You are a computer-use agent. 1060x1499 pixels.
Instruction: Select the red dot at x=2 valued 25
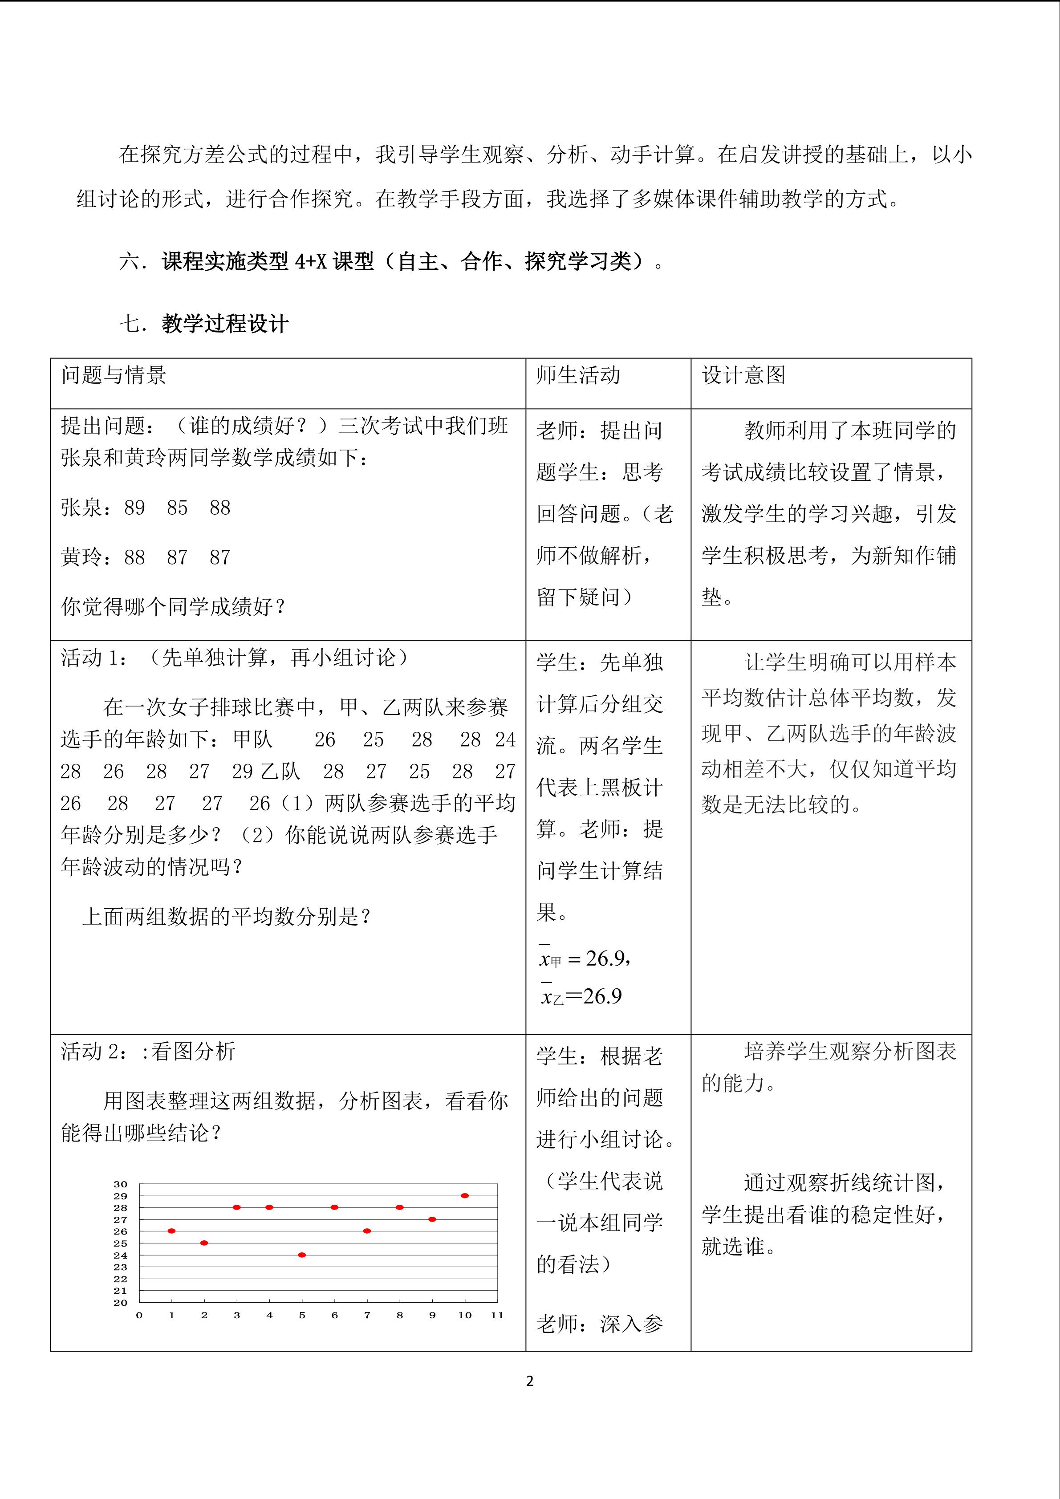tap(204, 1243)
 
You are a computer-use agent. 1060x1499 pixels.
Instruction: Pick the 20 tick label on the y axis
tap(120, 1303)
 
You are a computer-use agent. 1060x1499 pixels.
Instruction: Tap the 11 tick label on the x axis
tap(497, 1315)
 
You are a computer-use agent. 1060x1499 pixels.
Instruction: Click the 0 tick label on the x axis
tap(139, 1315)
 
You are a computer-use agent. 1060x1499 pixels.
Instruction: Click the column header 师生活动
tap(578, 375)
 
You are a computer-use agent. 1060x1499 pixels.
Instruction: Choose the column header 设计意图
tap(743, 375)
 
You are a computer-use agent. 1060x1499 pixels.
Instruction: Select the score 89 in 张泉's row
tap(134, 508)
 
